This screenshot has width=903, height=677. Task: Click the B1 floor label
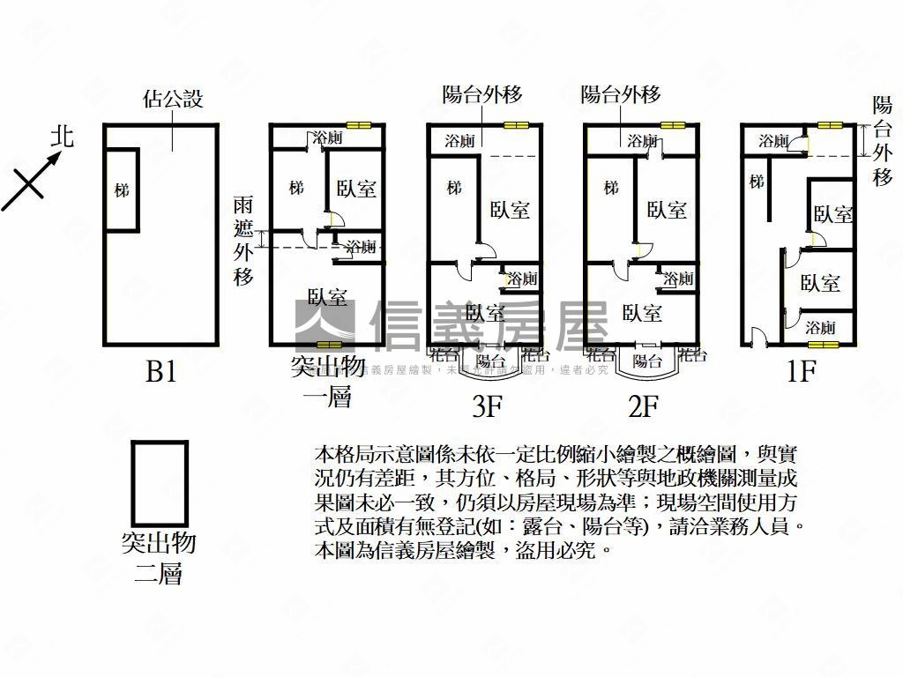pyautogui.click(x=161, y=373)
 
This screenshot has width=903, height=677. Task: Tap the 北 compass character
pyautogui.click(x=62, y=136)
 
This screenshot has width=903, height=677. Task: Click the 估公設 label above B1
pyautogui.click(x=172, y=98)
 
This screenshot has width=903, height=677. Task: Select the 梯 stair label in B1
pyautogui.click(x=122, y=190)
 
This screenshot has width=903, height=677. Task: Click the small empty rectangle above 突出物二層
pyautogui.click(x=160, y=483)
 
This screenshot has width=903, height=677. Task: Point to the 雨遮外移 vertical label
pyautogui.click(x=244, y=240)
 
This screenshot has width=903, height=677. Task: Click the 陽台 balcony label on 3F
pyautogui.click(x=490, y=360)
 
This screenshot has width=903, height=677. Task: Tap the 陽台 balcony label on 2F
pyautogui.click(x=647, y=360)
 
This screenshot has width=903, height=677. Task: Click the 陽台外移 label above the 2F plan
pyautogui.click(x=621, y=95)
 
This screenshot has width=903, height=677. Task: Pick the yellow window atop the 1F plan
pyautogui.click(x=830, y=125)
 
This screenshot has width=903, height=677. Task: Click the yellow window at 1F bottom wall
pyautogui.click(x=820, y=343)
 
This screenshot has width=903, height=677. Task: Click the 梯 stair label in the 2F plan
pyautogui.click(x=611, y=188)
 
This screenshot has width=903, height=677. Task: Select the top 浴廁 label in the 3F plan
pyautogui.click(x=460, y=141)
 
